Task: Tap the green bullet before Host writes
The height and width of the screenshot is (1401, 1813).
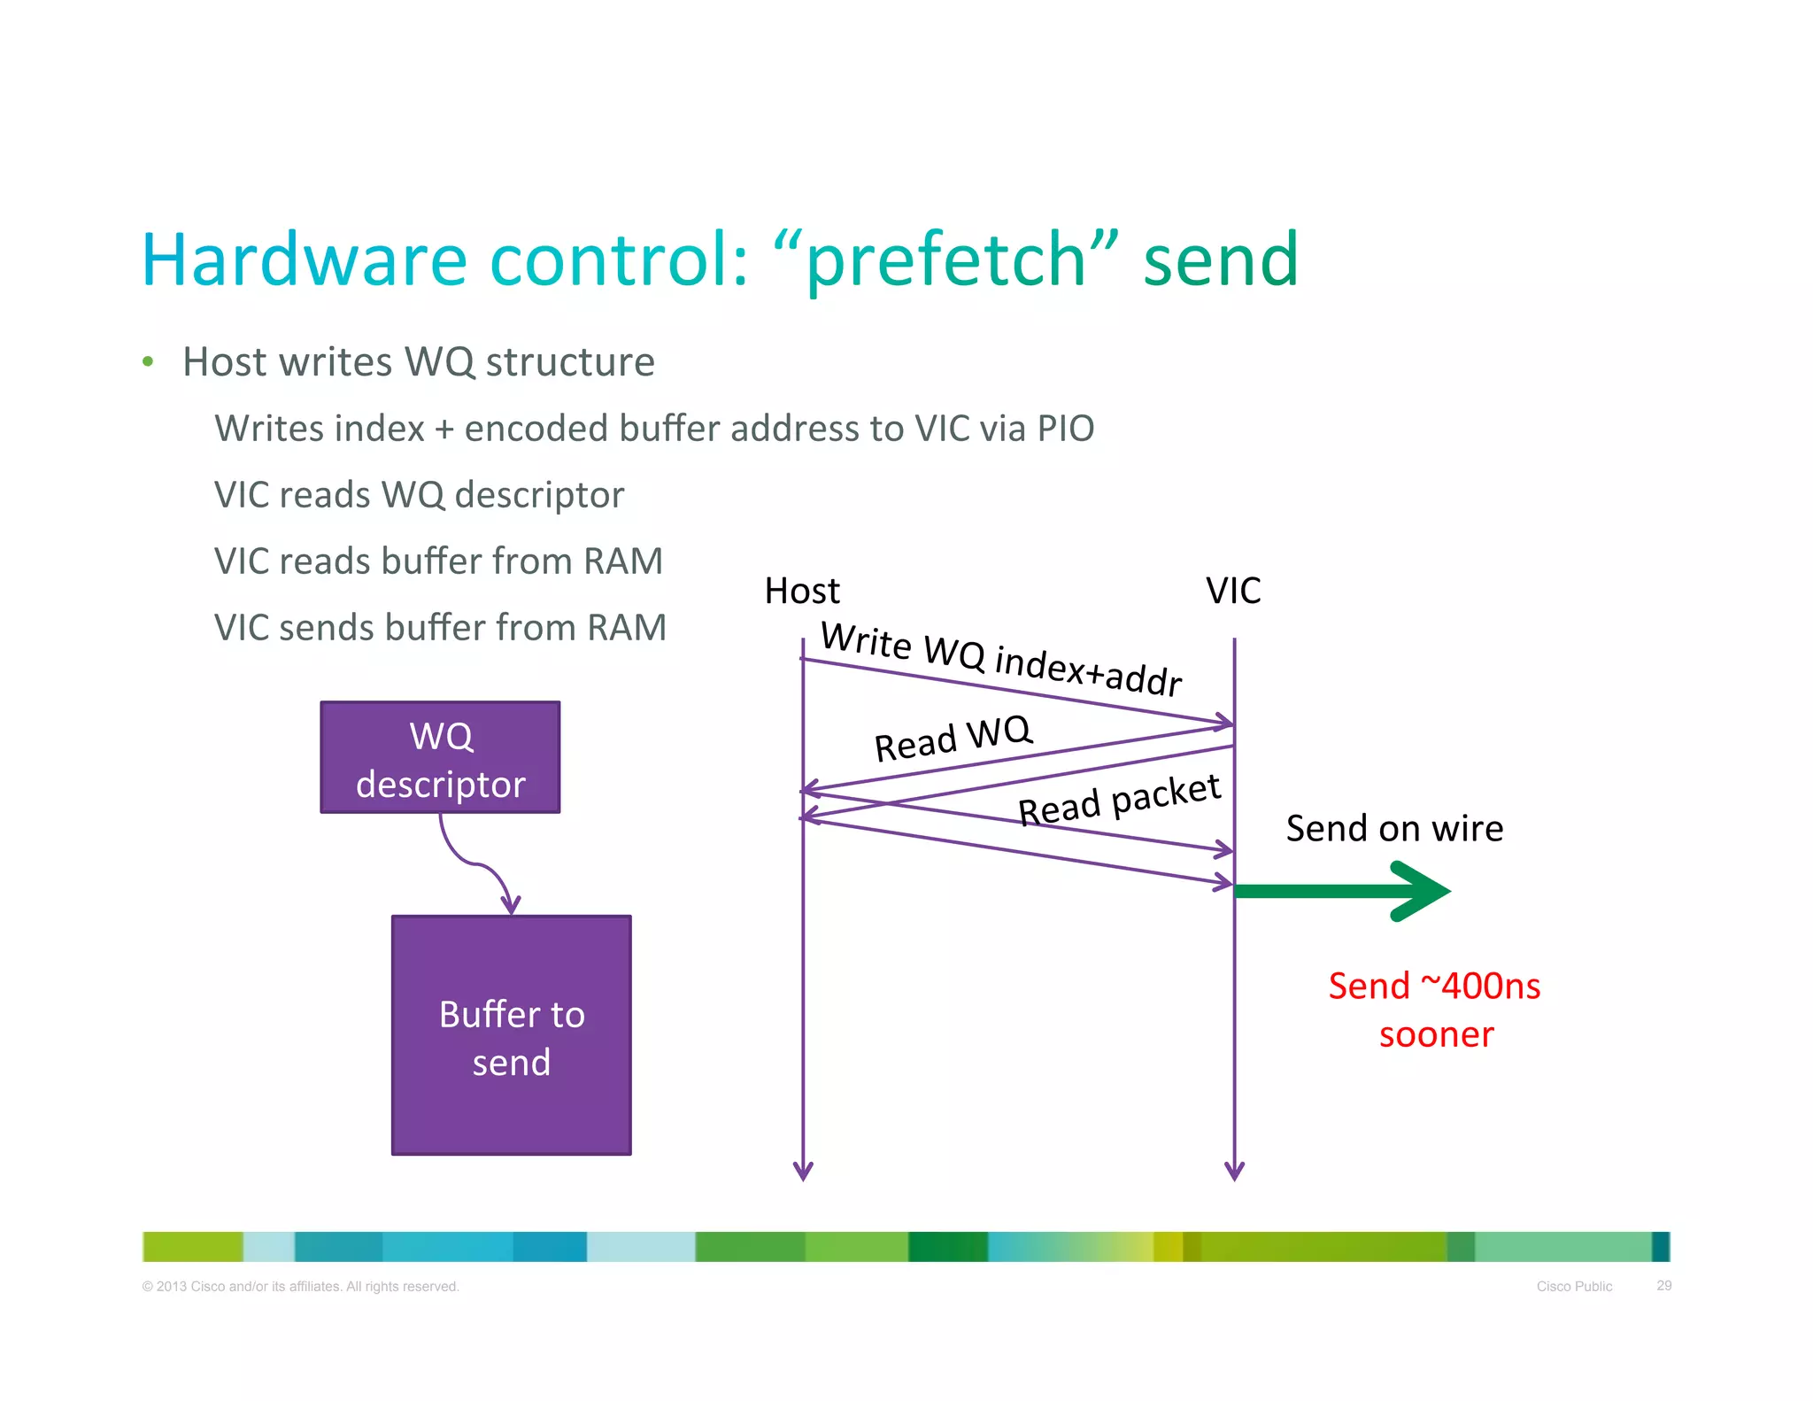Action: coord(148,361)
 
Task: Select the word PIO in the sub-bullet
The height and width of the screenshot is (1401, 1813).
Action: coord(1065,429)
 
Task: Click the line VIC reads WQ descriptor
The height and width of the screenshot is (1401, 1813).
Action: coord(419,495)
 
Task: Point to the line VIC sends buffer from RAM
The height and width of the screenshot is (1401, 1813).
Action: coord(440,628)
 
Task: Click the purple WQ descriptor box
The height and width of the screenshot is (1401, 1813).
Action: coord(440,758)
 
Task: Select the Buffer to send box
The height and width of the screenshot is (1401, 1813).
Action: coord(511,1035)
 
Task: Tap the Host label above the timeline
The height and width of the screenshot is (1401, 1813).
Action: coord(802,591)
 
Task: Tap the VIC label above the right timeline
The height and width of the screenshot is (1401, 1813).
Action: coord(1233,591)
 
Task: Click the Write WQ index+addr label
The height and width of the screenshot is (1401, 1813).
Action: coord(1001,660)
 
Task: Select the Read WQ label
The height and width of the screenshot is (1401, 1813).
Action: coord(953,739)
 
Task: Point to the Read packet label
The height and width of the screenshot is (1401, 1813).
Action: coord(1119,799)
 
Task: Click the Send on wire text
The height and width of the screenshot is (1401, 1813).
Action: coord(1394,829)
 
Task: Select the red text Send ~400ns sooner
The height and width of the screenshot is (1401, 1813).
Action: coord(1434,1010)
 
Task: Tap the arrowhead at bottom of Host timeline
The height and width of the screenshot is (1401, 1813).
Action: coord(803,1171)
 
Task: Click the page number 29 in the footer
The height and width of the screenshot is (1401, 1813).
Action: coord(1663,1285)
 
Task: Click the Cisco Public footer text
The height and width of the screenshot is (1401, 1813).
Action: coord(1574,1286)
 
